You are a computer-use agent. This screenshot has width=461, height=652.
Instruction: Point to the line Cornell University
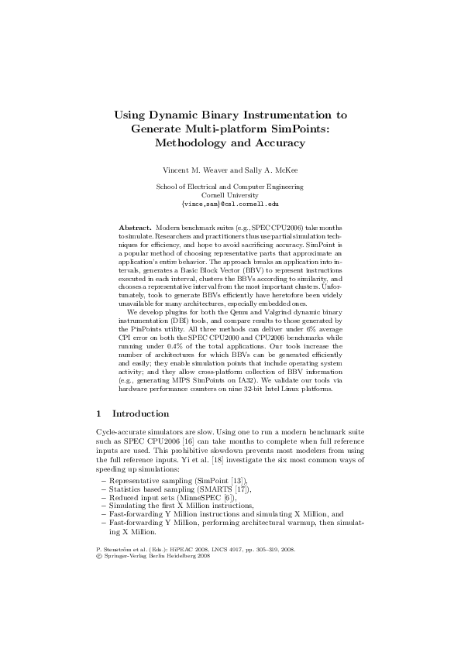pos(229,196)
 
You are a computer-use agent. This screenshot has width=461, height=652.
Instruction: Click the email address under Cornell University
pos(229,204)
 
